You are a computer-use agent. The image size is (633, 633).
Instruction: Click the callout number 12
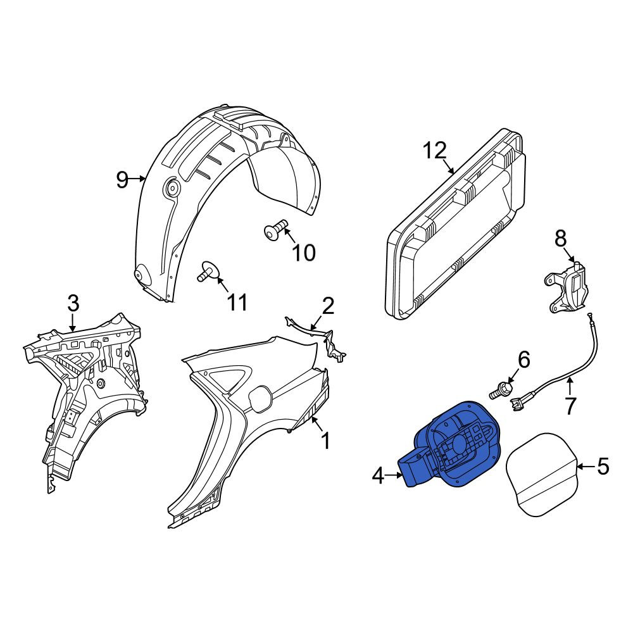click(x=436, y=151)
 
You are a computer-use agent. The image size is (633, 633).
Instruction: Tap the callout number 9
click(x=122, y=179)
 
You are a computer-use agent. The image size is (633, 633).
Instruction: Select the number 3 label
click(x=73, y=303)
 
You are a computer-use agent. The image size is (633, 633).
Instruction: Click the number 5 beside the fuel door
click(x=603, y=467)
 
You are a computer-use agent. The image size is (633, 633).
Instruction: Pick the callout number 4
click(x=378, y=477)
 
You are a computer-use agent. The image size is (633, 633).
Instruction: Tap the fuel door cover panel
click(x=542, y=473)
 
